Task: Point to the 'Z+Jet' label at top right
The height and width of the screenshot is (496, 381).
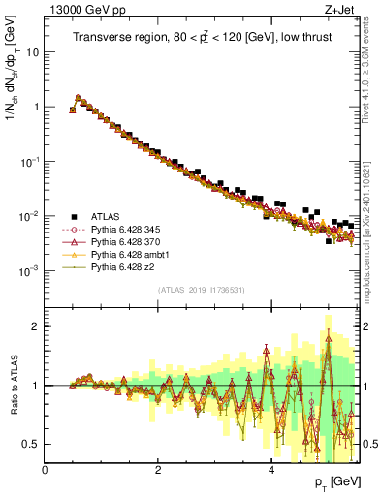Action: point(344,11)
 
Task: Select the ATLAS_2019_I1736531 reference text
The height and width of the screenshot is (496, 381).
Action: point(201,290)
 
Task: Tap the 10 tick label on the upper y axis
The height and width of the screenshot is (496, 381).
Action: point(33,52)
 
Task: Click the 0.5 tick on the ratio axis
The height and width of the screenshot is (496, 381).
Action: point(33,444)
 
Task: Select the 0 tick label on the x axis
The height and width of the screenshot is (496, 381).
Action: point(45,468)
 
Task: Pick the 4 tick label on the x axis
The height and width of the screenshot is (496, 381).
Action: point(270,468)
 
